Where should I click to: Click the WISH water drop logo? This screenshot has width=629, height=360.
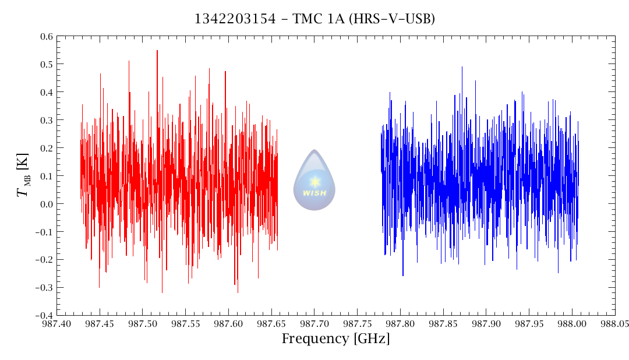pos(314,180)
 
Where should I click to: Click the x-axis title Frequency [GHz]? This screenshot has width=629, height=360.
pos(336,339)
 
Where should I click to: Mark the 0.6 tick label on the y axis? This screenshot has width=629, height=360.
pos(47,36)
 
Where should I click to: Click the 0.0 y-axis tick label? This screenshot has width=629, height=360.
pos(47,204)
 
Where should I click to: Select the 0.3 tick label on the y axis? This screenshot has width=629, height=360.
pos(47,120)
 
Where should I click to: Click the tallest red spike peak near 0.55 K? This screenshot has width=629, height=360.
pos(157,51)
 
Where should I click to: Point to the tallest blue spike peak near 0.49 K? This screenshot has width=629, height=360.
pos(462,67)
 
